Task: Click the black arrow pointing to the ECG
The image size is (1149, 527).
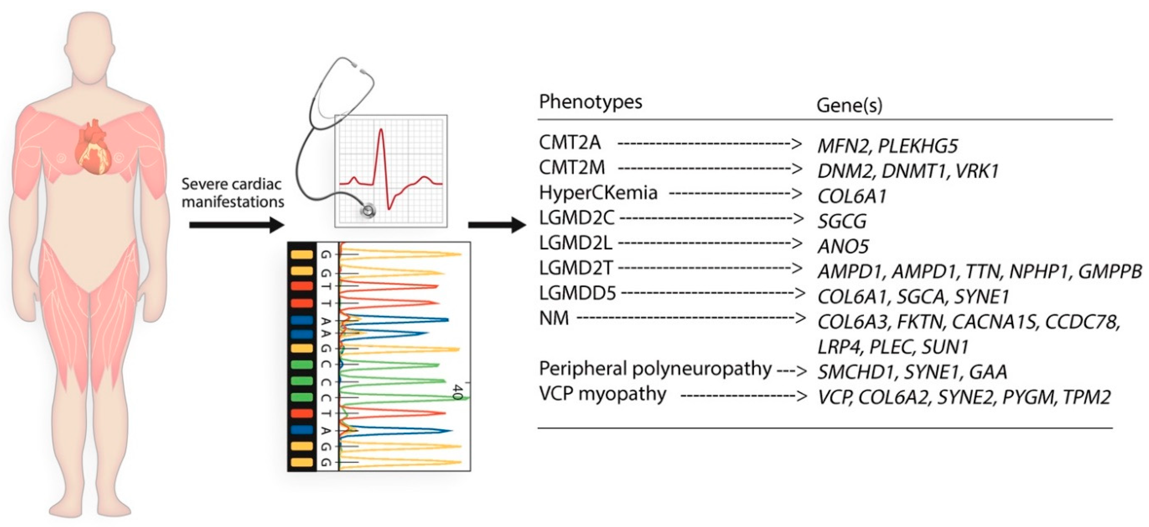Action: coord(236,224)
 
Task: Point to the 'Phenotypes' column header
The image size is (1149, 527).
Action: coord(590,102)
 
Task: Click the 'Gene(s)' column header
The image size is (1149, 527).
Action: coord(849,106)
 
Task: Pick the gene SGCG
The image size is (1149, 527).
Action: coord(842,221)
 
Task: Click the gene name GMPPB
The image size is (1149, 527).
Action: coord(1110,271)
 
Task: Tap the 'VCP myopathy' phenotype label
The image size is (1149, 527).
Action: coord(602,394)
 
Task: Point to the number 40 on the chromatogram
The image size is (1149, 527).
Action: coord(457,392)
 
